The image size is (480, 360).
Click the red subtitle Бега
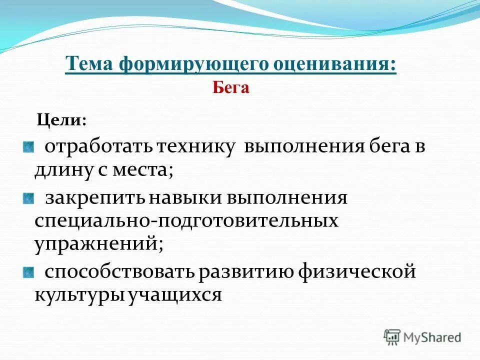click(x=230, y=88)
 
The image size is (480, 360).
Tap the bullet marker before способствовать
click(x=28, y=272)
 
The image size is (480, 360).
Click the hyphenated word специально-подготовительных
click(x=186, y=221)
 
